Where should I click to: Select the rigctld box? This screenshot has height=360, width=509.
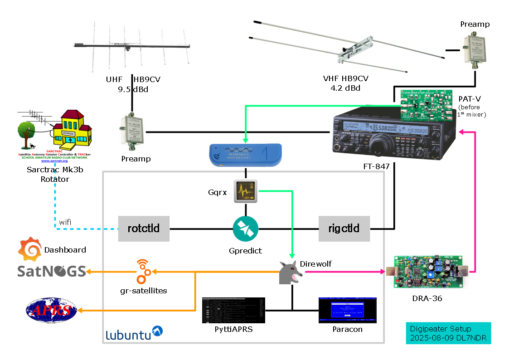tap(344, 228)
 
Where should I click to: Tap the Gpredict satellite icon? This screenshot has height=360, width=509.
tap(245, 229)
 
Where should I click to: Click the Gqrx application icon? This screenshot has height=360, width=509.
tap(245, 191)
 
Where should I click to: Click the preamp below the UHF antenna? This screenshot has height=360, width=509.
tap(132, 134)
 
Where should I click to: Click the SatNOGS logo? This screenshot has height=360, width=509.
tap(52, 271)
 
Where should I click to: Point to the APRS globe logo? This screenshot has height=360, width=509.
tap(51, 310)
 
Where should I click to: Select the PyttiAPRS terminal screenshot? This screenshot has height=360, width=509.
tap(233, 310)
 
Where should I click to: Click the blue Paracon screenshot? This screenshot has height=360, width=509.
tap(347, 310)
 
